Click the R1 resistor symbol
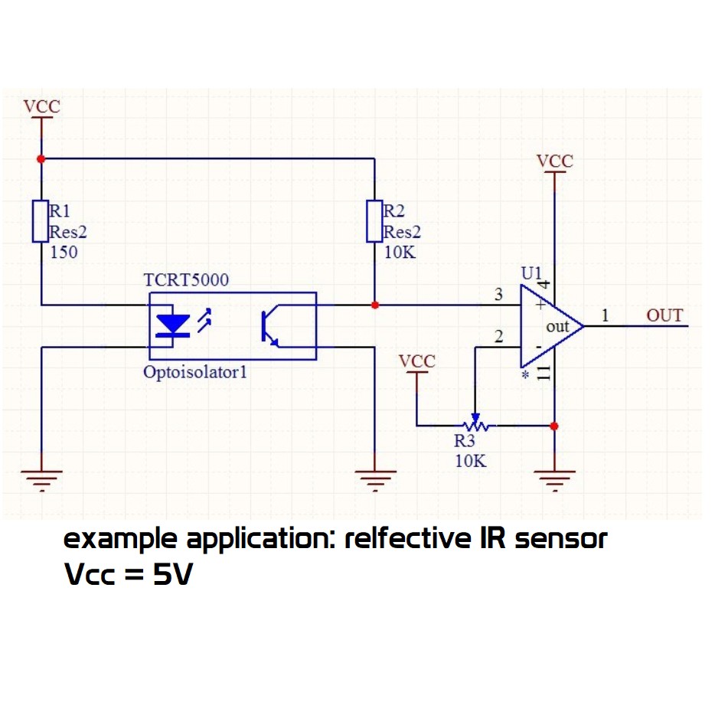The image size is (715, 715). [x=41, y=221]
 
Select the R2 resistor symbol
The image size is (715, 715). [x=374, y=221]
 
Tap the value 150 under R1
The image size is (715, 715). [x=64, y=252]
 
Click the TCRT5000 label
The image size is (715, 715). [x=186, y=280]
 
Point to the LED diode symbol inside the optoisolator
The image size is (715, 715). [x=174, y=325]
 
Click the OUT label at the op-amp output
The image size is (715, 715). [x=664, y=315]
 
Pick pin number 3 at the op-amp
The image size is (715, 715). [x=499, y=295]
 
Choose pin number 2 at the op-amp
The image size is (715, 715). [x=499, y=336]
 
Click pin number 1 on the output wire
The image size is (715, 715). [x=606, y=315]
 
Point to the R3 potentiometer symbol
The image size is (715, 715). [x=474, y=424]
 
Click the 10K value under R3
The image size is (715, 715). [x=470, y=461]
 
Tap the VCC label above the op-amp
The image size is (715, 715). [x=554, y=162]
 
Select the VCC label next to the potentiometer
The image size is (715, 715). [x=417, y=361]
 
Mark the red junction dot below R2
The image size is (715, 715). [x=374, y=305]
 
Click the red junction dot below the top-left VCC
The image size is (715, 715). [x=41, y=158]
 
